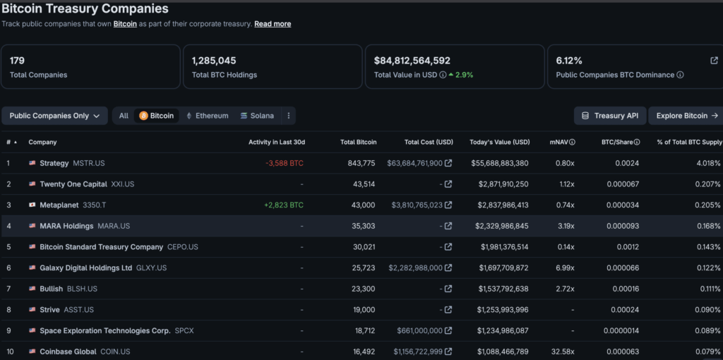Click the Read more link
pos(273,24)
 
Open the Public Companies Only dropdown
pos(55,116)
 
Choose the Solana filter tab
pos(257,116)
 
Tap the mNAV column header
pos(562,142)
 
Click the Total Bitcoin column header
pos(358,142)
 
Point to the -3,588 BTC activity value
pos(285,163)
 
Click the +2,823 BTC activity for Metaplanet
pos(284,205)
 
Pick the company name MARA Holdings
pos(66,226)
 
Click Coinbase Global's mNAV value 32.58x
pos(563,352)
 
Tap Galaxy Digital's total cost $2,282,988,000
pos(415,268)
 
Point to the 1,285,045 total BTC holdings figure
pos(214,61)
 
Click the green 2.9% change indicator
pos(460,75)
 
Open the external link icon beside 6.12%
pos(714,61)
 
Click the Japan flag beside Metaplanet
pos(32,205)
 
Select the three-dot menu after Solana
pos(289,116)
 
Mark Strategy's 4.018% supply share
pos(707,163)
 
